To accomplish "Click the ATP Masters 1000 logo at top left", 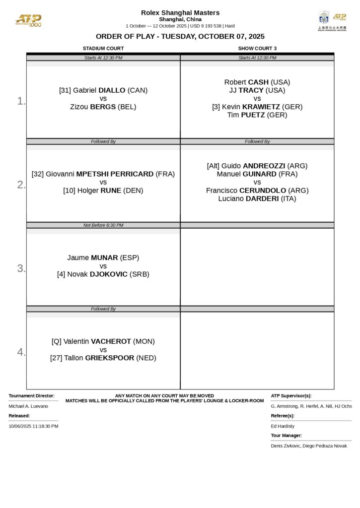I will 29,20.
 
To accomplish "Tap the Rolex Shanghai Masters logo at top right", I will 332,20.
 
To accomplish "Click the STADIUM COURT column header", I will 103,49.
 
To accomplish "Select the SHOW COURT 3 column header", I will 257,49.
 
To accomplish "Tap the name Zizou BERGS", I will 103,107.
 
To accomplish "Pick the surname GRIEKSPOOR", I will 110,358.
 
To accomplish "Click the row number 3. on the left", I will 21,268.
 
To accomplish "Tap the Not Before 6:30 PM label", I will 103,225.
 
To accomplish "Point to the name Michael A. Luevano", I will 28,406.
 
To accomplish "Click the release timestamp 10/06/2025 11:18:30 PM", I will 33,426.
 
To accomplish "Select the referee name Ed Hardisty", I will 283,426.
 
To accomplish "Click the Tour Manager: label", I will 286,436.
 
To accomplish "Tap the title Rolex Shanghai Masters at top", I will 180,13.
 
